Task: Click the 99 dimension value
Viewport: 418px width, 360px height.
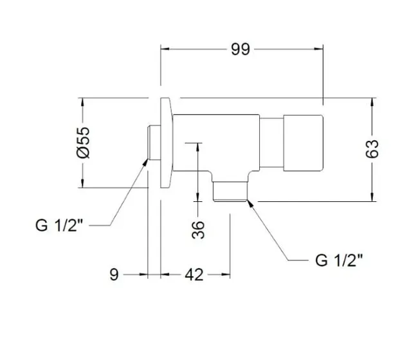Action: click(241, 50)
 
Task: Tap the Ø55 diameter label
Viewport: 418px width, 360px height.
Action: click(83, 143)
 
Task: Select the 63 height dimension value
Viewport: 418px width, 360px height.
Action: click(372, 148)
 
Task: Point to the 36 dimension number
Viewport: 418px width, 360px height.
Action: click(198, 230)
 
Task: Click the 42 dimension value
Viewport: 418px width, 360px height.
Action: click(194, 274)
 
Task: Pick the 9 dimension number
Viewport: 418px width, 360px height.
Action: click(114, 274)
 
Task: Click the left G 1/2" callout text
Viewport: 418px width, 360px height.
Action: click(59, 225)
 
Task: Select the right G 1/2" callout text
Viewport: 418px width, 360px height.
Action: click(339, 260)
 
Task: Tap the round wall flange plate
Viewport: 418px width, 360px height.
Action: click(166, 143)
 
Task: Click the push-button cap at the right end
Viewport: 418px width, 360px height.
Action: click(303, 143)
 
